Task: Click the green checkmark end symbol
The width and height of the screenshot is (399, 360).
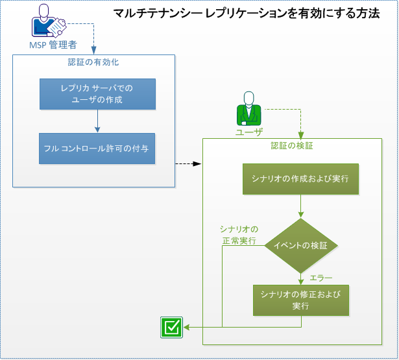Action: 171,328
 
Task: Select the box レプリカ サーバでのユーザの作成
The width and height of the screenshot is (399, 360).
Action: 97,94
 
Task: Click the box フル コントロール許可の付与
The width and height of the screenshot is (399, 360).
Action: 97,148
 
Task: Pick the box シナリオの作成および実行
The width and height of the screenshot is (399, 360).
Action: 300,178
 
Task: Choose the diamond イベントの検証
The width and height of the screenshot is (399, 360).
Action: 300,245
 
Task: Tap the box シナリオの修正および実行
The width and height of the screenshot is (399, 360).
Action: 300,300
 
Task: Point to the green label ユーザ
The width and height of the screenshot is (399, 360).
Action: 249,132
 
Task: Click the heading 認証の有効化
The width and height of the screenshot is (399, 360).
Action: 93,63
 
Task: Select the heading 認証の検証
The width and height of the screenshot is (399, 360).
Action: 292,146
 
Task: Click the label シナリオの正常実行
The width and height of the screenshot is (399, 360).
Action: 238,235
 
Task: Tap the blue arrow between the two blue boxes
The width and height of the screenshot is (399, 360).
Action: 97,120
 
